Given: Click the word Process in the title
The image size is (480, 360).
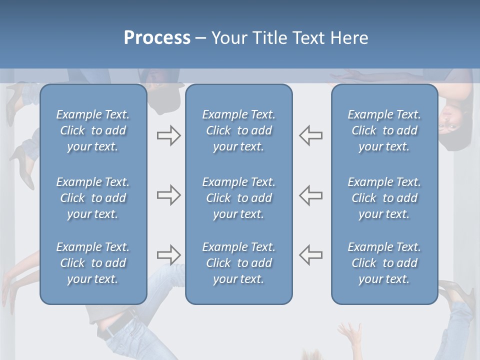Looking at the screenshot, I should tap(157, 38).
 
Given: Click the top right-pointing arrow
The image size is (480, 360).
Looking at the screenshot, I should tap(168, 135).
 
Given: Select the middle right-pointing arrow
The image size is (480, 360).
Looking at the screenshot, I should tap(168, 195).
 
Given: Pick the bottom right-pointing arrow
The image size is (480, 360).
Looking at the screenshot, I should tap(168, 255).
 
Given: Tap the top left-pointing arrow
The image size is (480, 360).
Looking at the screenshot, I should tap(311, 135).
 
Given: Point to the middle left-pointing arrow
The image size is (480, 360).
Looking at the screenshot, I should tap(311, 195).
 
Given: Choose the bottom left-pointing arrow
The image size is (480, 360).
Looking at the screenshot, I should tap(311, 255).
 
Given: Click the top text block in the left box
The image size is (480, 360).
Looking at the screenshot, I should tap(93, 130).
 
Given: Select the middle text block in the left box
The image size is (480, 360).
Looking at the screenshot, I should tap(93, 198).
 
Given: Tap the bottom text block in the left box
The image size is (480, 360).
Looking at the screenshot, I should tap(93, 263).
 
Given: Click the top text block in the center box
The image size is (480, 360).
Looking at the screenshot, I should tap(238, 130).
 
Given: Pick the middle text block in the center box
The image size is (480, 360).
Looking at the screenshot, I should tap(238, 198).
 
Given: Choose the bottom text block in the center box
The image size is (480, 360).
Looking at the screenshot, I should tap(238, 263).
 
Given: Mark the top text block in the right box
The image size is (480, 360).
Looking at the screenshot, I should tap(384, 130).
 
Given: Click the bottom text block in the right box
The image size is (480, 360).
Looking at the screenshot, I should tap(384, 263).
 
